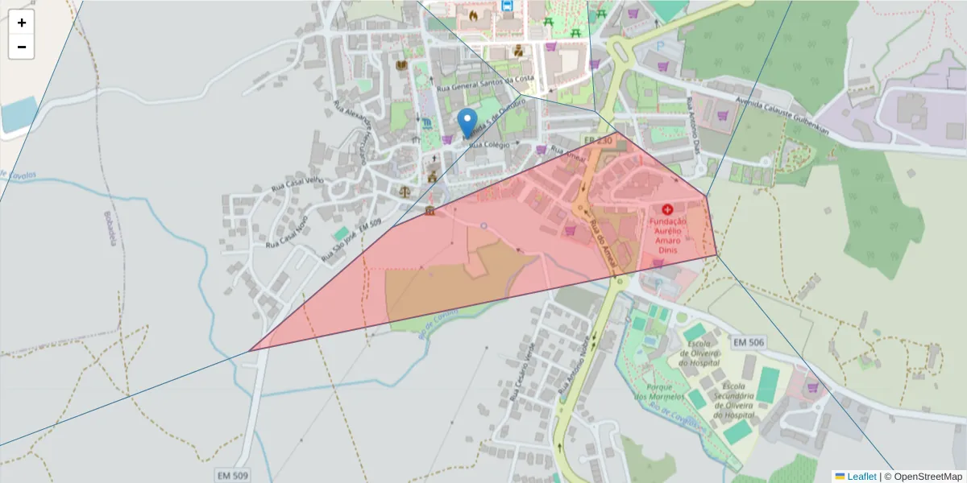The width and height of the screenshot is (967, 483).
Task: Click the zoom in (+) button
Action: tap(22, 23)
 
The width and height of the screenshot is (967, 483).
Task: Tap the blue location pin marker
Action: tap(467, 123)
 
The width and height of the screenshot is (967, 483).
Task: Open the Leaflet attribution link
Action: tap(861, 477)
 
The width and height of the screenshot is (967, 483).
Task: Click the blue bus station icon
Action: tap(507, 5)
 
